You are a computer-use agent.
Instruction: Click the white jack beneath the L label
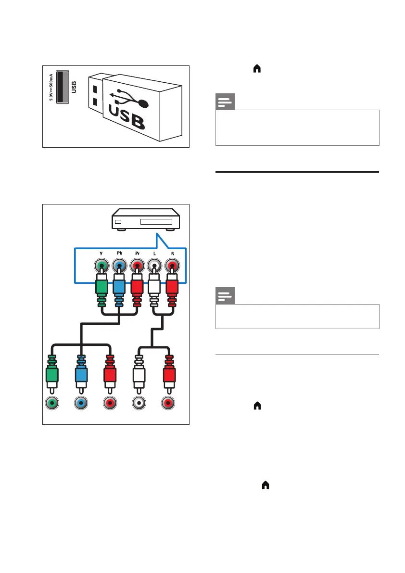154,267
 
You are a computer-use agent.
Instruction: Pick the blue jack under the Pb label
118,267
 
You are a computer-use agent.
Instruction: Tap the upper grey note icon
225,102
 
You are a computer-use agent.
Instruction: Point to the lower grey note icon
225,296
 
